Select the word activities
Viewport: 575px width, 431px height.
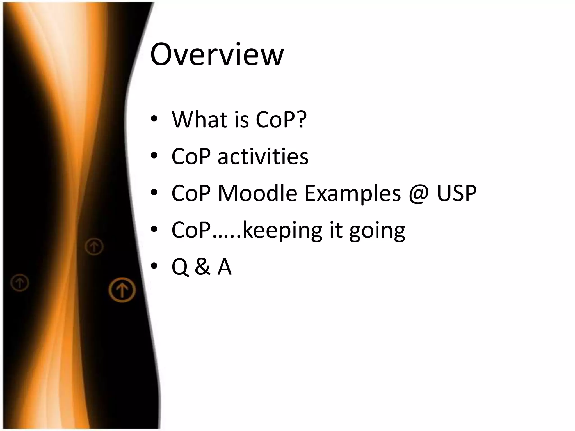click(x=263, y=156)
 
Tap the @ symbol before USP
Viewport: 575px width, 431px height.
click(x=419, y=194)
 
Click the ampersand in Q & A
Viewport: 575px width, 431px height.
click(x=202, y=267)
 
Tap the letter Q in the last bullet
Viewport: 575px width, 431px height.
click(x=180, y=267)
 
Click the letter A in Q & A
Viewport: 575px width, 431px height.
click(x=224, y=267)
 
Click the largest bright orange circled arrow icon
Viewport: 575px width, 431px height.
click(x=122, y=290)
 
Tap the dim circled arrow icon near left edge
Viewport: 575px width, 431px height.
click(x=20, y=282)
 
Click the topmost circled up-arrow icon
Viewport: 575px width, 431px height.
click(x=94, y=247)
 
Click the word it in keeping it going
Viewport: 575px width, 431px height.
click(x=336, y=230)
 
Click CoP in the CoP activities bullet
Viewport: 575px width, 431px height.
click(x=191, y=156)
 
